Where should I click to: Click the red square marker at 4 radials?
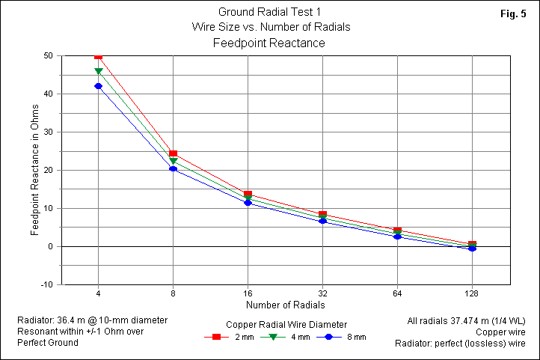pos(98,56)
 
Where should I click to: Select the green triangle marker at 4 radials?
pos(98,72)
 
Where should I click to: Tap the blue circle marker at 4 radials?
pos(98,86)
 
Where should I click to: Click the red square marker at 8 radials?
pos(173,154)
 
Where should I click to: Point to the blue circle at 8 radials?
pos(173,168)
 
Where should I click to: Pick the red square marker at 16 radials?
pos(248,195)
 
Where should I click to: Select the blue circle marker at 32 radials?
pos(322,221)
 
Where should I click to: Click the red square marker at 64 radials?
pos(397,231)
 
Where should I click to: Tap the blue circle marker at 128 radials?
pos(472,248)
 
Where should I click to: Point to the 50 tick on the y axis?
pos(47,55)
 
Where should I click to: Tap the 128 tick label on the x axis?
pos(472,293)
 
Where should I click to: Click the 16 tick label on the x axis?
pos(248,293)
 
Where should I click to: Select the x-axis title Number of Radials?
pos(285,305)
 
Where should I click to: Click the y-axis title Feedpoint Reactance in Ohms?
pos(34,170)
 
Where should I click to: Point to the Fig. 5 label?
pos(515,15)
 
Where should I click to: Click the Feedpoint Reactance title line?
pos(269,43)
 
